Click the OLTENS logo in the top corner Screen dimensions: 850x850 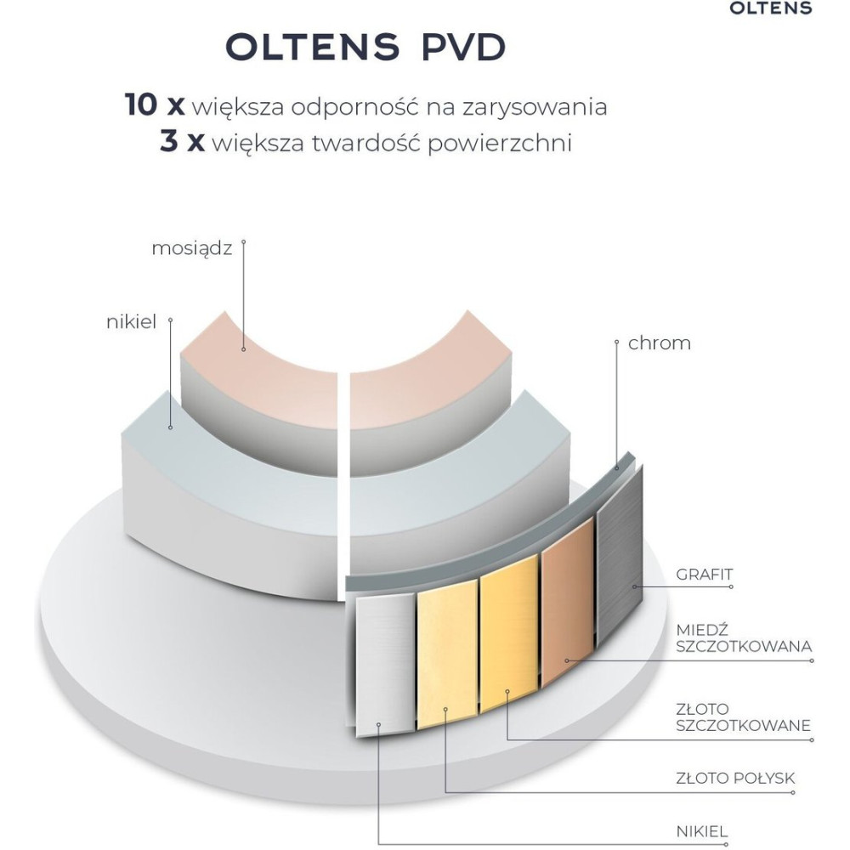771,8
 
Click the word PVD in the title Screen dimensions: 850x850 459,48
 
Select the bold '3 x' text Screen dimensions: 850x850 182,142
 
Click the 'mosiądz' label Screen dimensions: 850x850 191,248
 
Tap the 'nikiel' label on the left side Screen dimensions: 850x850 132,323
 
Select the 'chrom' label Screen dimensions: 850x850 660,343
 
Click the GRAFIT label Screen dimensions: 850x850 705,575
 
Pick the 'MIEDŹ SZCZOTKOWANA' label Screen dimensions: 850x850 742,637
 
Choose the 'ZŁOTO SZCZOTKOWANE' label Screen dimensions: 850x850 742,717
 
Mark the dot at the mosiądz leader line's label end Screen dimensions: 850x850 243,241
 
